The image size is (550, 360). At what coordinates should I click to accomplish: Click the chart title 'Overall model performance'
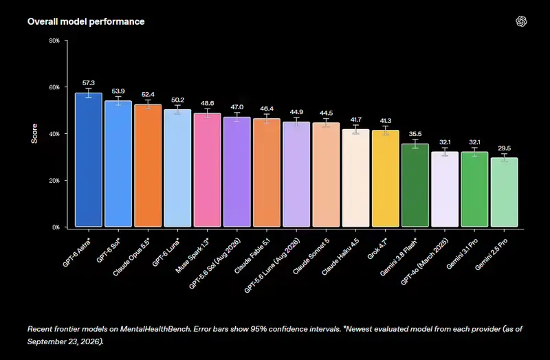[86, 21]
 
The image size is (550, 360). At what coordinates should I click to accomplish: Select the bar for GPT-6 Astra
[89, 160]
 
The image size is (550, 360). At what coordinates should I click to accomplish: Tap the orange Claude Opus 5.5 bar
[148, 166]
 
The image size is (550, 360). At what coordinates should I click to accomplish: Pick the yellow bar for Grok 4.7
[386, 179]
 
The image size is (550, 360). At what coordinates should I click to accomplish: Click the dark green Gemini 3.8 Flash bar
[415, 185]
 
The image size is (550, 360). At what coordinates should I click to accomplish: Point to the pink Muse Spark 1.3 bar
[208, 170]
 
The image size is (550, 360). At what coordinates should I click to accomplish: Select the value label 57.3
[89, 83]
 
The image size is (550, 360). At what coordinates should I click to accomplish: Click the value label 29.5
[505, 148]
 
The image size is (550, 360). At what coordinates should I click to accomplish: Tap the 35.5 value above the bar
[415, 134]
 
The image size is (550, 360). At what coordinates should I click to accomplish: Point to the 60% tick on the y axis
[54, 87]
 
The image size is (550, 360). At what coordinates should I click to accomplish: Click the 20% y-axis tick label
[54, 181]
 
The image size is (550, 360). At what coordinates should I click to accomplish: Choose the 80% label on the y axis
[54, 41]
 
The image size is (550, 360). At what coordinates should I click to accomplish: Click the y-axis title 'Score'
[34, 133]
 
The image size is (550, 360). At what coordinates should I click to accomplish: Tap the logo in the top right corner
[521, 21]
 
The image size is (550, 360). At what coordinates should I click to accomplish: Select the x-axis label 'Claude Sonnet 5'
[311, 256]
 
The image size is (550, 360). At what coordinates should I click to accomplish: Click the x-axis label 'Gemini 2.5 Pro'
[491, 254]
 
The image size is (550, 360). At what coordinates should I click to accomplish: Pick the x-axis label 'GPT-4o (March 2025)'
[424, 262]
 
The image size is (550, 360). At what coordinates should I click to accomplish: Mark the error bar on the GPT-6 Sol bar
[118, 101]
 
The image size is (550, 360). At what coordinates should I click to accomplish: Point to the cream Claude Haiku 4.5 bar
[355, 178]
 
